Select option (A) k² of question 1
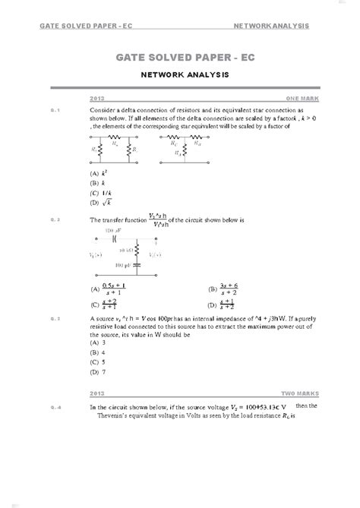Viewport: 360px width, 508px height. pos(97,174)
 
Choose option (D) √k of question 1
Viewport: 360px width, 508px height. pos(99,203)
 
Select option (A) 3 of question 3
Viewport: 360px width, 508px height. pos(97,343)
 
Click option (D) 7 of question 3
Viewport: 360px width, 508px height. pos(97,372)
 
